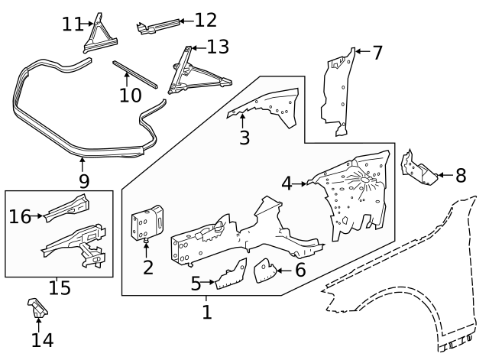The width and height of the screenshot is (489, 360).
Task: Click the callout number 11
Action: [73, 24]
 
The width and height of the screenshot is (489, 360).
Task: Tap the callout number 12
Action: [206, 20]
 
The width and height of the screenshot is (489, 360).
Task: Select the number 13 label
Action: [218, 47]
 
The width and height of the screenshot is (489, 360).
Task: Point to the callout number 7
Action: [377, 53]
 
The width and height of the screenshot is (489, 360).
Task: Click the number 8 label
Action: [460, 176]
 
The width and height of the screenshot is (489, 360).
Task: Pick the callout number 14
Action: [42, 340]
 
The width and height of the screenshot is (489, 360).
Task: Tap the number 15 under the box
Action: [60, 288]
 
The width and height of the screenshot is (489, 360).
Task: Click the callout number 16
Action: [20, 217]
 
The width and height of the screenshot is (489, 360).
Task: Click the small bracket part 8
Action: [418, 170]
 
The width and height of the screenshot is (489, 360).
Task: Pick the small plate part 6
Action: [264, 269]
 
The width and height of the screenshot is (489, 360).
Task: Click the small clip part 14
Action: [37, 309]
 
